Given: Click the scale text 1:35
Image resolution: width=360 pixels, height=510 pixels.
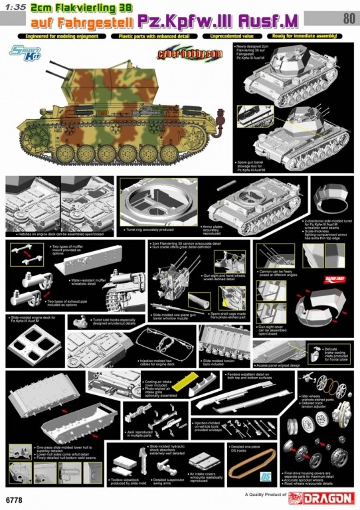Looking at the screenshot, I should point(15,9).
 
